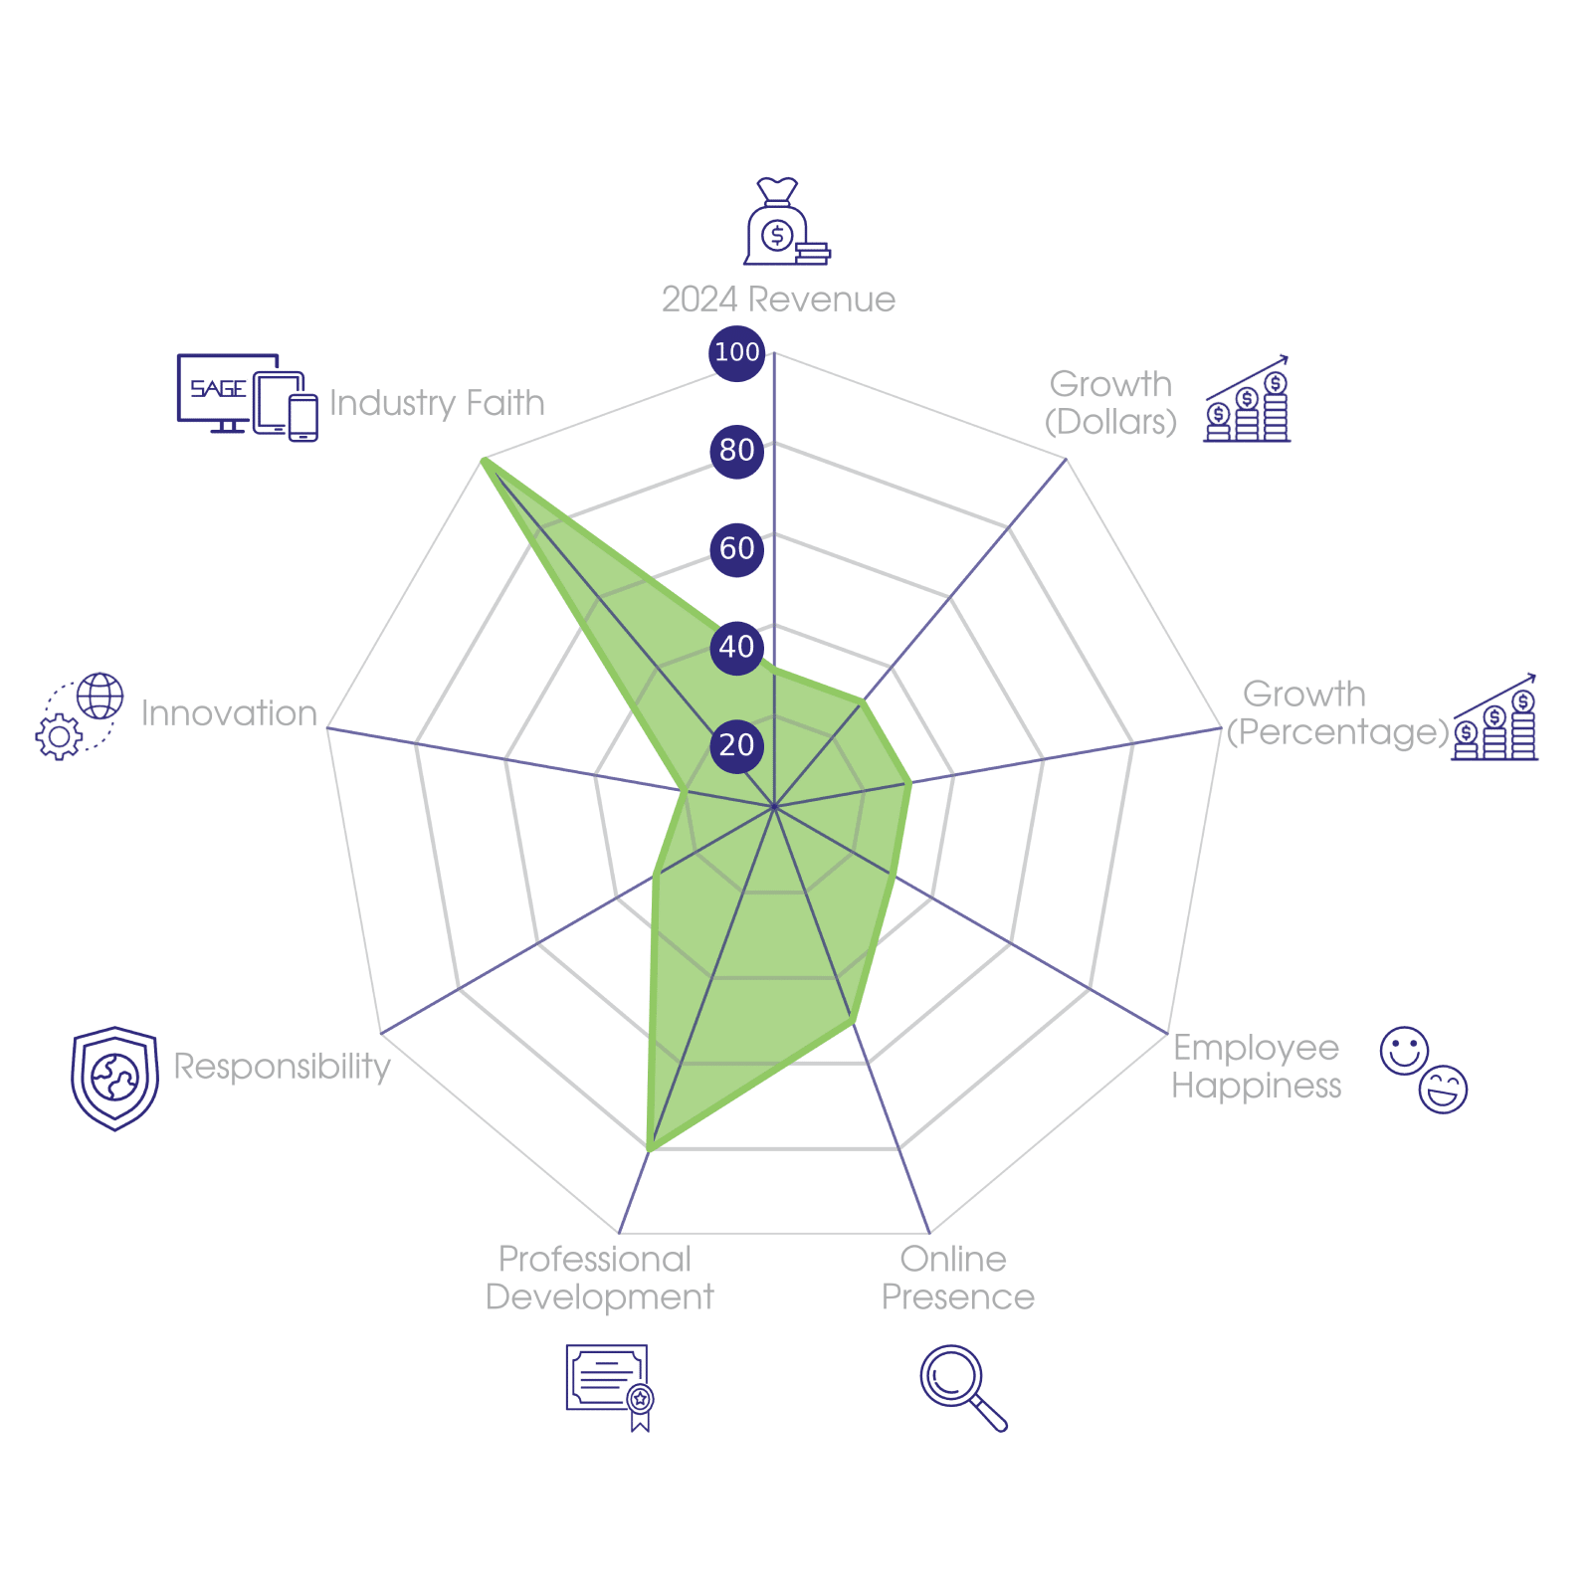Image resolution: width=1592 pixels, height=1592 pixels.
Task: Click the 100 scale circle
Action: pyautogui.click(x=736, y=352)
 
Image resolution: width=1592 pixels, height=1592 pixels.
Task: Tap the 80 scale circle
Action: pyautogui.click(x=736, y=451)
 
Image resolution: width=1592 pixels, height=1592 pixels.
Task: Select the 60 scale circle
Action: pyautogui.click(x=736, y=548)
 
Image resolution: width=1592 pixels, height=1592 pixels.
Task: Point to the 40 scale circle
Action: pyautogui.click(x=736, y=647)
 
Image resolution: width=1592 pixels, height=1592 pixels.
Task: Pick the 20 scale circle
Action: pyautogui.click(x=736, y=745)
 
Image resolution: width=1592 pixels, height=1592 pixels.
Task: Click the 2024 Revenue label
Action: pyautogui.click(x=778, y=299)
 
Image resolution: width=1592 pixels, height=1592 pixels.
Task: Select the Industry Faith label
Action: pyautogui.click(x=437, y=403)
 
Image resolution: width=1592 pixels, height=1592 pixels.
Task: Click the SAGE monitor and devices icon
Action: pyautogui.click(x=247, y=396)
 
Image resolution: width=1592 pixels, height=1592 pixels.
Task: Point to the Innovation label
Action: pyautogui.click(x=229, y=713)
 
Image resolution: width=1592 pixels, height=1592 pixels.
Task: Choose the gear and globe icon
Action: pyautogui.click(x=80, y=716)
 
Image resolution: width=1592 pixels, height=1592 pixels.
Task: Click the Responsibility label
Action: pyautogui.click(x=283, y=1067)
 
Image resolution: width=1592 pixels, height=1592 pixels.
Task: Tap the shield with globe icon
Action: pyautogui.click(x=115, y=1079)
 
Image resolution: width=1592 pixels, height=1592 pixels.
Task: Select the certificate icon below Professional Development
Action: pyautogui.click(x=609, y=1386)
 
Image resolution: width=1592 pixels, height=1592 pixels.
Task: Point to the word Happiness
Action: pyautogui.click(x=1257, y=1086)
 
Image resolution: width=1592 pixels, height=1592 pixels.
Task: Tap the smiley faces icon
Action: pyautogui.click(x=1423, y=1070)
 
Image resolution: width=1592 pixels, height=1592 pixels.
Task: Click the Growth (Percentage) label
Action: pyautogui.click(x=1335, y=713)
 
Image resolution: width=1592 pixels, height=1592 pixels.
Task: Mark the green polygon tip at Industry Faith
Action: pyautogui.click(x=484, y=460)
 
